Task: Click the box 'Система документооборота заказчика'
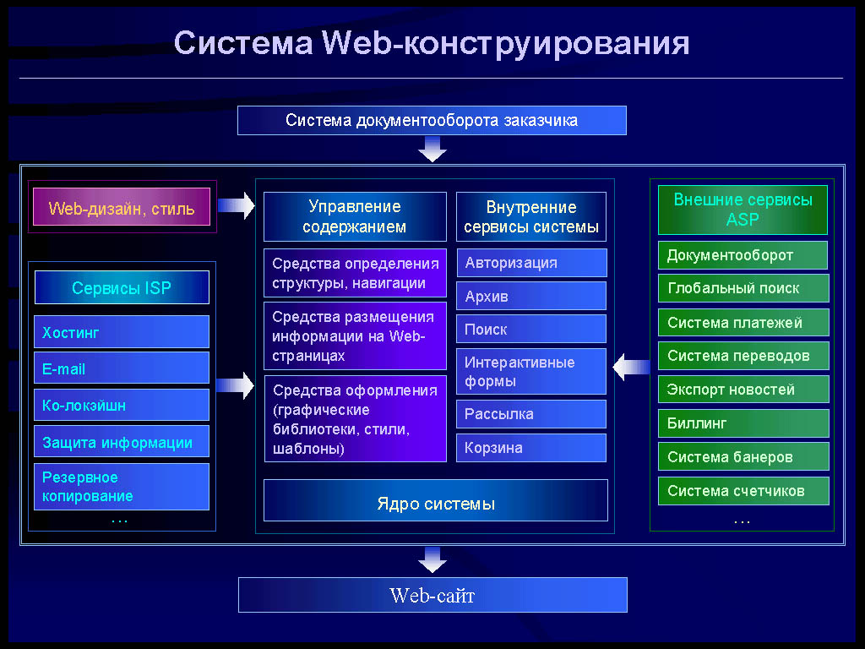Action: click(x=432, y=120)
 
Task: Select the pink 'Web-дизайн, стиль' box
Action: click(x=122, y=207)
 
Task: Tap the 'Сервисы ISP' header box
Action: click(x=122, y=287)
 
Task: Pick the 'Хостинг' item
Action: click(x=122, y=331)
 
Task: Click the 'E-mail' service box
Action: click(x=122, y=368)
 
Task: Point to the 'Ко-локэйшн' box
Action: click(x=122, y=405)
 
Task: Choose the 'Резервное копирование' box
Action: click(x=122, y=486)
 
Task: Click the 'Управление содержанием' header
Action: click(x=355, y=216)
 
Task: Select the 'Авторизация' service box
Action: click(x=532, y=263)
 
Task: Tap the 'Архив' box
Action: click(x=531, y=296)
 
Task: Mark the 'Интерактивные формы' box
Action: click(x=531, y=371)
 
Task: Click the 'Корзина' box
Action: click(x=531, y=448)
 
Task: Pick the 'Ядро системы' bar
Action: click(x=436, y=500)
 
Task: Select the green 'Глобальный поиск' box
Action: click(x=743, y=287)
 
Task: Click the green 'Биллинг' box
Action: click(x=743, y=423)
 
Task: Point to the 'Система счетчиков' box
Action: click(x=743, y=491)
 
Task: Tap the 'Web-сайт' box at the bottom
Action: click(x=432, y=595)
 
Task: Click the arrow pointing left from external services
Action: click(x=632, y=367)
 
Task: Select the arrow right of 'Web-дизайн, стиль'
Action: click(x=237, y=205)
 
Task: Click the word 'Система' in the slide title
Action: click(x=243, y=42)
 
